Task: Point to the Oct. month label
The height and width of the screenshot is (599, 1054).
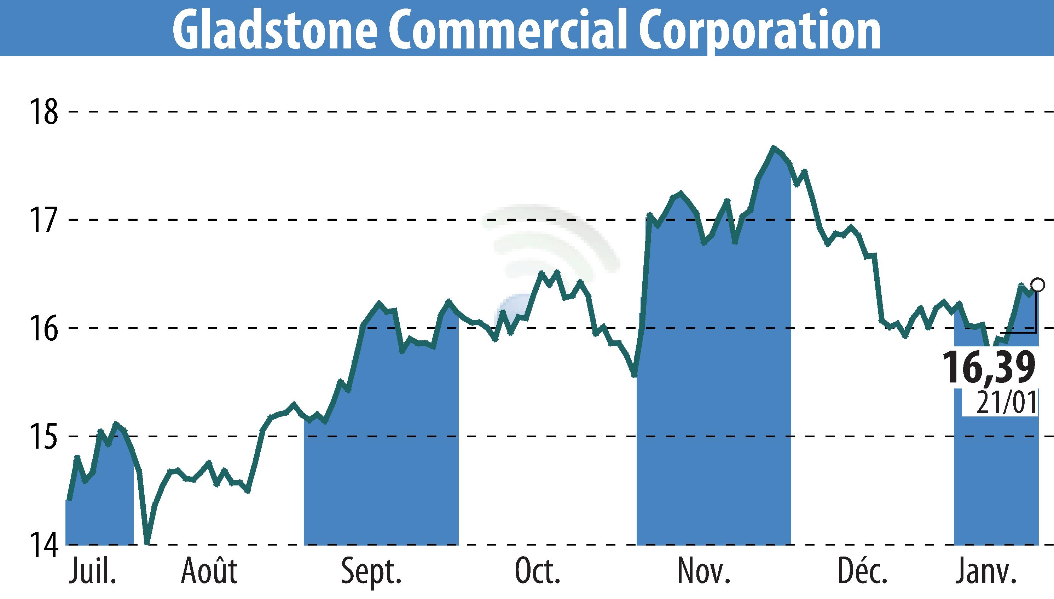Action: point(538,571)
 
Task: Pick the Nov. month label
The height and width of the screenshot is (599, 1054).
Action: point(704,571)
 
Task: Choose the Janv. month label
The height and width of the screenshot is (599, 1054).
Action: point(985,571)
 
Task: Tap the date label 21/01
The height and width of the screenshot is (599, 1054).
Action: point(1006,403)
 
